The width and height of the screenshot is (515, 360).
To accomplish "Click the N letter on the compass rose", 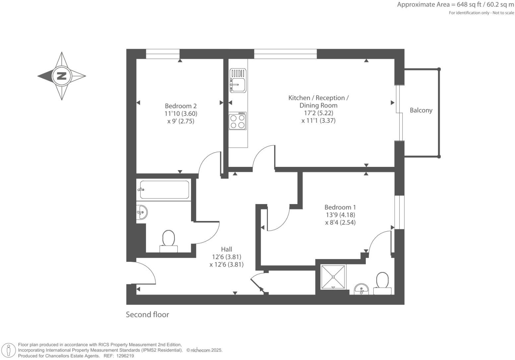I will click(61, 76).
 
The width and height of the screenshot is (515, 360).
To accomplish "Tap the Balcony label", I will click(421, 110).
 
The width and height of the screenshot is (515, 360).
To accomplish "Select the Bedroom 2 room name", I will click(181, 106).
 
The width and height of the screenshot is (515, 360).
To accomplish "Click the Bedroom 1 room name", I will click(340, 207).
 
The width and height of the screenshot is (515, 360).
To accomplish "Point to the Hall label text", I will click(226, 249).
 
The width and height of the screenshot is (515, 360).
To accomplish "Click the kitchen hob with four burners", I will click(237, 121).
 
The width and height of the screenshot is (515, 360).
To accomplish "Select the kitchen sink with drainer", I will click(238, 81).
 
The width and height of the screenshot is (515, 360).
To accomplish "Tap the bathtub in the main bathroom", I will click(164, 190).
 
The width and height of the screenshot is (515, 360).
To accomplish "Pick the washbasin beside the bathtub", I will click(142, 212).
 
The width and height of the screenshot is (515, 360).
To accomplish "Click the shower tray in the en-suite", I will click(333, 277).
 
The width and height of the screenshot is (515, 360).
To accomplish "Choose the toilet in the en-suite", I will click(382, 283).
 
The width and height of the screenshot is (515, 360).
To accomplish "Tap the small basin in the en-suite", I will click(361, 289).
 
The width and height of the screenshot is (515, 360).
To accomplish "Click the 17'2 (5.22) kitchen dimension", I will click(318, 113).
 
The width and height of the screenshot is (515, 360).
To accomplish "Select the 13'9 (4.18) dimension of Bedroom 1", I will click(340, 215).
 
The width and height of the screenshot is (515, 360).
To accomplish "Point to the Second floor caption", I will click(147, 315).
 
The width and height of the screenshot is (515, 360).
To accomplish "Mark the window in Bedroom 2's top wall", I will click(162, 54).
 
